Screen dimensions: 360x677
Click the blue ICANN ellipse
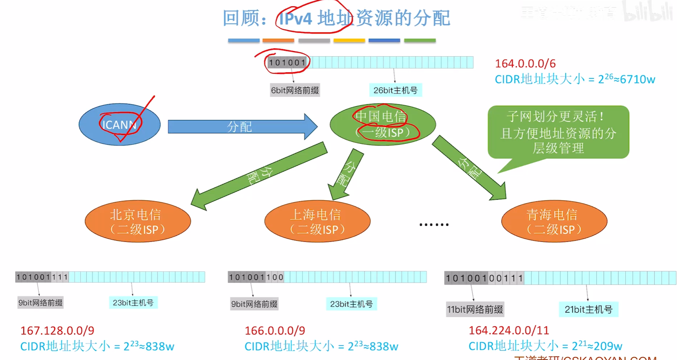(x=119, y=124)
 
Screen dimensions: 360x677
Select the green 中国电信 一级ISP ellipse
(x=383, y=124)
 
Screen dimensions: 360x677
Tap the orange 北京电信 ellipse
(x=138, y=221)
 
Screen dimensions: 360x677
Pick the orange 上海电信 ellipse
(x=317, y=221)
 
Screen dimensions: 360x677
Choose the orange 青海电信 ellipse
(x=554, y=221)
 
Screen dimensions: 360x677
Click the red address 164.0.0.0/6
(x=525, y=63)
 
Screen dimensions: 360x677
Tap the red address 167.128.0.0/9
(x=57, y=330)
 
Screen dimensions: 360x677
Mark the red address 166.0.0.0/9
(x=275, y=330)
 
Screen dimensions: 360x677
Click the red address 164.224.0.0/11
(x=509, y=330)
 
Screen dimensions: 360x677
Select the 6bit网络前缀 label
(x=295, y=90)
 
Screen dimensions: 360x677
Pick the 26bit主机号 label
(x=395, y=90)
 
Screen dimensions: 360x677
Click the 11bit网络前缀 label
(x=475, y=309)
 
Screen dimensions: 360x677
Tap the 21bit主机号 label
(x=588, y=309)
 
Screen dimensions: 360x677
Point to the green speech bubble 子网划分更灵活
(x=558, y=132)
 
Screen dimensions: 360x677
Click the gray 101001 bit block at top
(x=287, y=62)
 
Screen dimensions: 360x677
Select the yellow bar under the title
(x=349, y=40)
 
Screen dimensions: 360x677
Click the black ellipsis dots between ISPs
(x=434, y=224)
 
